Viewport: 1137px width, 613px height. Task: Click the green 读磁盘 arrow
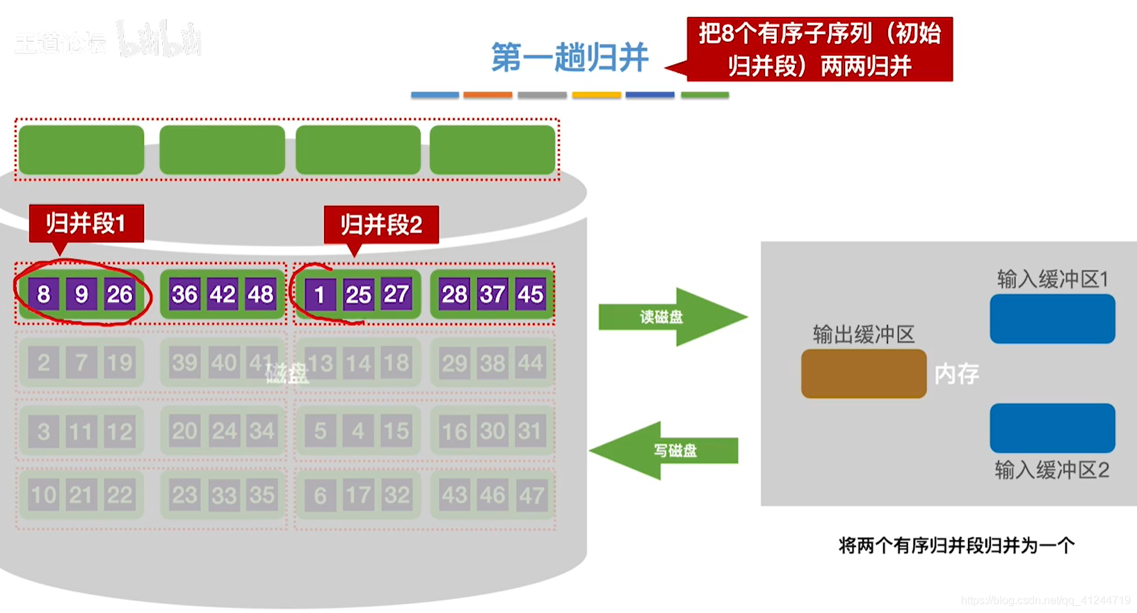[671, 317]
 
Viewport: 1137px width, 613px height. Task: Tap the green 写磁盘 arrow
[664, 451]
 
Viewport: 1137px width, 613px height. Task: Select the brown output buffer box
[863, 374]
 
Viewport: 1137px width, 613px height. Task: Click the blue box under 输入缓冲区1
[1051, 319]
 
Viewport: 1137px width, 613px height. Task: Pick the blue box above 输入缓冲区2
[1051, 428]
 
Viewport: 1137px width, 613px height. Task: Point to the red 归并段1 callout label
[86, 223]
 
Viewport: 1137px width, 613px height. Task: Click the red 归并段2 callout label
[381, 225]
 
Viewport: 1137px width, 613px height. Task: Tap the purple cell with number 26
[119, 294]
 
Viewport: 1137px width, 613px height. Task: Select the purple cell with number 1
[320, 295]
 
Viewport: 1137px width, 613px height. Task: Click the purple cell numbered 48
[261, 294]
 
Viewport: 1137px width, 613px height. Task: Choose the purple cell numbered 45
[530, 294]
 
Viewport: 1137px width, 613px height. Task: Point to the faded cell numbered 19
[119, 363]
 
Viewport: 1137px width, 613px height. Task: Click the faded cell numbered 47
[531, 495]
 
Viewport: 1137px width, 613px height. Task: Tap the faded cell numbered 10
[43, 495]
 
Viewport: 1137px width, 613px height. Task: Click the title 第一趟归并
[570, 57]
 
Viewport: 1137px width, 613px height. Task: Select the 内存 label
[956, 374]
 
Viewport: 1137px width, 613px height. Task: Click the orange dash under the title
[487, 95]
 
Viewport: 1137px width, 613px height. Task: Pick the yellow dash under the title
[596, 95]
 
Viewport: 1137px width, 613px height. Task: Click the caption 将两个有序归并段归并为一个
[956, 545]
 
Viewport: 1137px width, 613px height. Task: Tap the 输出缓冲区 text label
[863, 335]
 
